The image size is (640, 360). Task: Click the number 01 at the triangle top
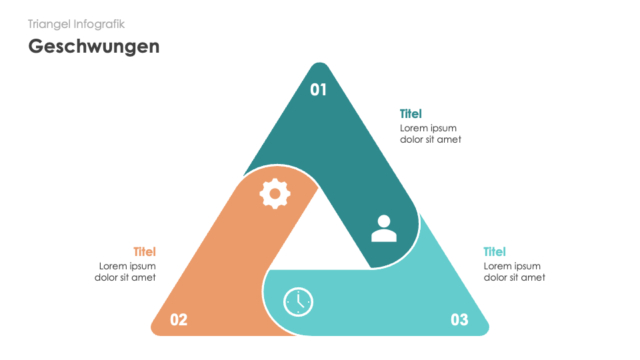pos(319,89)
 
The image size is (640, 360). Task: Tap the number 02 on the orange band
pos(179,319)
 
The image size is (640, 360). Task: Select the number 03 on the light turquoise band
pos(459,319)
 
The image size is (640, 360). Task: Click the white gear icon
pos(275,193)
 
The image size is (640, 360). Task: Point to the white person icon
pos(383,228)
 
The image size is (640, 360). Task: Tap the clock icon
pos(298,302)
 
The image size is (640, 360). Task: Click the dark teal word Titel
pos(411,114)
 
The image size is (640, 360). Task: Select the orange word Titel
pos(145,252)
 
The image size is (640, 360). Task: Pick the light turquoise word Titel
pos(495,252)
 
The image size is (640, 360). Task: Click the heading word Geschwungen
pos(94,46)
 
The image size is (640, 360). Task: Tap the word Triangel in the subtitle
pos(49,24)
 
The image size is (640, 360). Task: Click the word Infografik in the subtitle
pos(99,24)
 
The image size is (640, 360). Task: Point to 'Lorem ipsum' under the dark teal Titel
pos(428,128)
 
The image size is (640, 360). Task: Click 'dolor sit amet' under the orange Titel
pos(125,277)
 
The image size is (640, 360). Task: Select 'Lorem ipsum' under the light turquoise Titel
pos(512,266)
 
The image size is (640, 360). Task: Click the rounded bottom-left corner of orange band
pos(157,328)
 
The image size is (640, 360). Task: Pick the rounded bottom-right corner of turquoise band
pos(483,328)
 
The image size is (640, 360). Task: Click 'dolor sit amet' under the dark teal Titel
pos(431,139)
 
